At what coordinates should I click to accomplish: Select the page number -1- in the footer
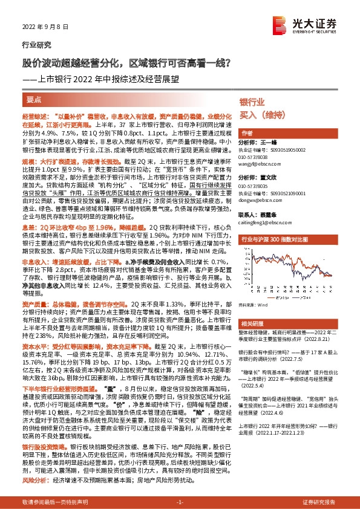[180, 502]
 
